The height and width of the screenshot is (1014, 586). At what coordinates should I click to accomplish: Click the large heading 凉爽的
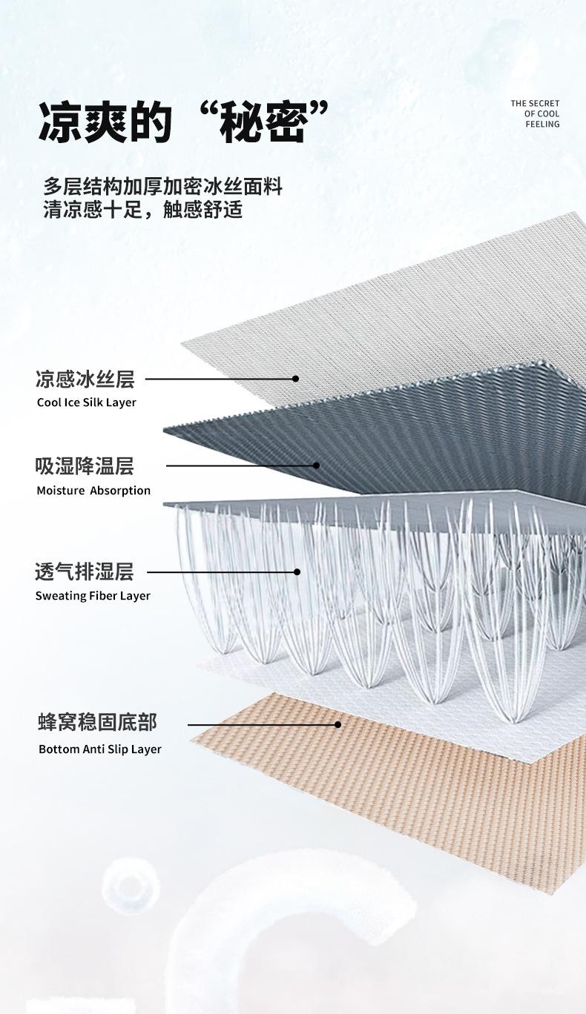pos(105,122)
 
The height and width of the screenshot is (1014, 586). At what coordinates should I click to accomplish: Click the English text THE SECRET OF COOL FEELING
pos(535,113)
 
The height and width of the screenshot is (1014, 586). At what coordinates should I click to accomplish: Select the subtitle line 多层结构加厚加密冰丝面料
pos(163,187)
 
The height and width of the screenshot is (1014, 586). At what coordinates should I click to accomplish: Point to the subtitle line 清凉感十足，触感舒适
pos(143,210)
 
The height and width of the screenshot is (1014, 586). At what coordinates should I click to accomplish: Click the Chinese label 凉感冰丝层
pos(85,379)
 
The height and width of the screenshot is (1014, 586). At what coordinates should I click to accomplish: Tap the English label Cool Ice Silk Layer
pos(87,402)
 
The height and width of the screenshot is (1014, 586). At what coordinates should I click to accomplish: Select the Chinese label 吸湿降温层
pos(85,465)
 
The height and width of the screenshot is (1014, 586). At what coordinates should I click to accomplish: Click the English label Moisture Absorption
pos(93,491)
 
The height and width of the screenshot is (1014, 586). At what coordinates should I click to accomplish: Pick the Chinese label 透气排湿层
pos(85,571)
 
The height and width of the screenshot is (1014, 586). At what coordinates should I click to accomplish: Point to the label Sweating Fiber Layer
pos(93,596)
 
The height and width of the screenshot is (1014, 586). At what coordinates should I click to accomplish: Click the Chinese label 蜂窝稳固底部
pos(97,722)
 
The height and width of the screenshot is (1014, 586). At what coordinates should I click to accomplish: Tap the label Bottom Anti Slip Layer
pos(100,749)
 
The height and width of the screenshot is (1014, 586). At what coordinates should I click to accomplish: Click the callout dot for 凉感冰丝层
pos(296,379)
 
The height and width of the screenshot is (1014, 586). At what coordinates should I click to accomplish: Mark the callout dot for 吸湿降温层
pos(317,465)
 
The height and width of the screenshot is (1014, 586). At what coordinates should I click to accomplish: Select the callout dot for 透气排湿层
pos(297,571)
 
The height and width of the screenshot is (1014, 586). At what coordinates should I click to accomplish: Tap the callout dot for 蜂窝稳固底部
pos(338,724)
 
